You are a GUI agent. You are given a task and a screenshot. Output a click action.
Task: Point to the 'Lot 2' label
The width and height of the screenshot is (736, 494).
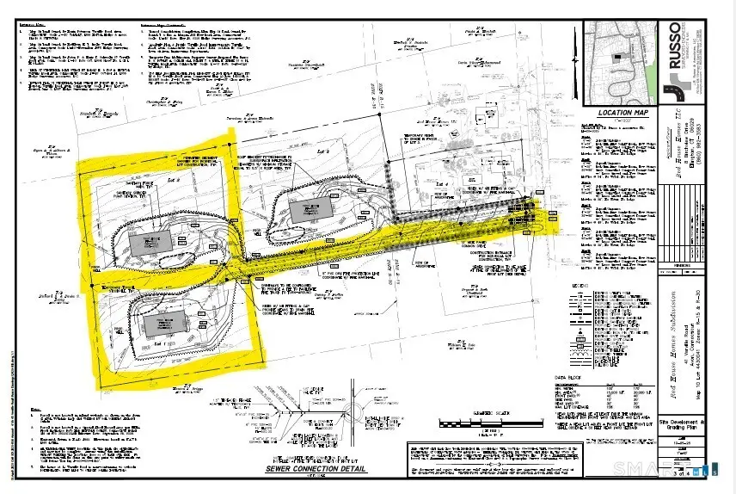pos(172,178)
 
